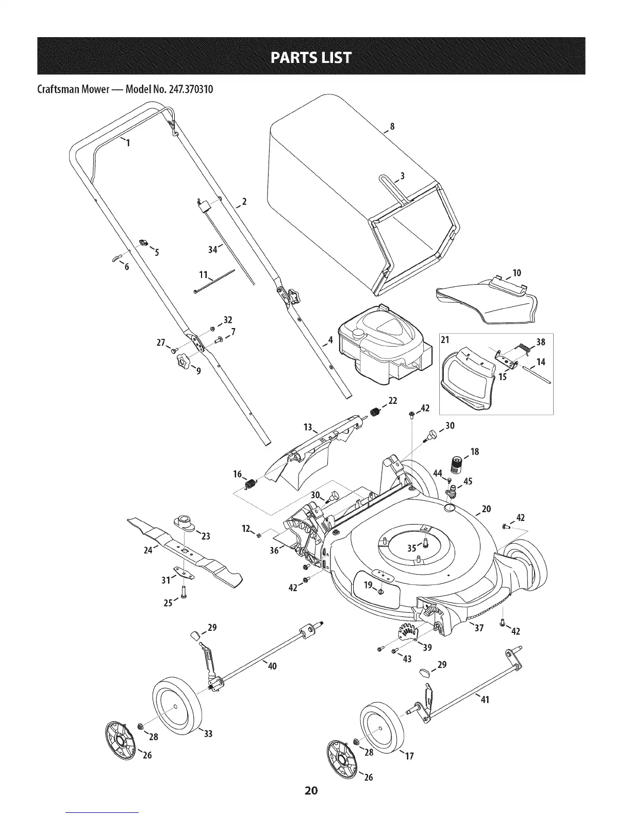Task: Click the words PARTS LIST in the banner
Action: click(315, 56)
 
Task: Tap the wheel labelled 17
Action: click(382, 727)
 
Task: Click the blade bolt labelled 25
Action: click(183, 593)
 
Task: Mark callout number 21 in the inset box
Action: click(445, 341)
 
